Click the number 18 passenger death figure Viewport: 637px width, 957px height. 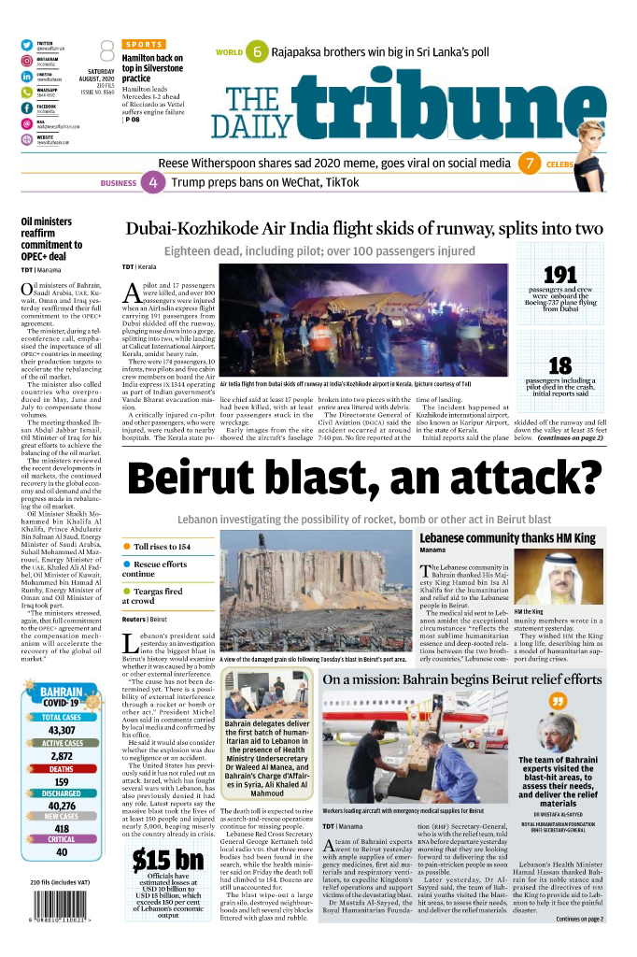coord(559,365)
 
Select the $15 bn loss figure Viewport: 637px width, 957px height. coord(167,860)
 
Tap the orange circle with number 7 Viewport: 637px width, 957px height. coord(530,164)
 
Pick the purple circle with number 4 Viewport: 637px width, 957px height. coord(153,183)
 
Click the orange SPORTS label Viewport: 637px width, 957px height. coord(143,44)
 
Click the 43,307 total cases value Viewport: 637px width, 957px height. coord(62,730)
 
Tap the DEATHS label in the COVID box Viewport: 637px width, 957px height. coord(62,768)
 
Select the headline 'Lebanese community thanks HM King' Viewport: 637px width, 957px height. coord(507,538)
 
